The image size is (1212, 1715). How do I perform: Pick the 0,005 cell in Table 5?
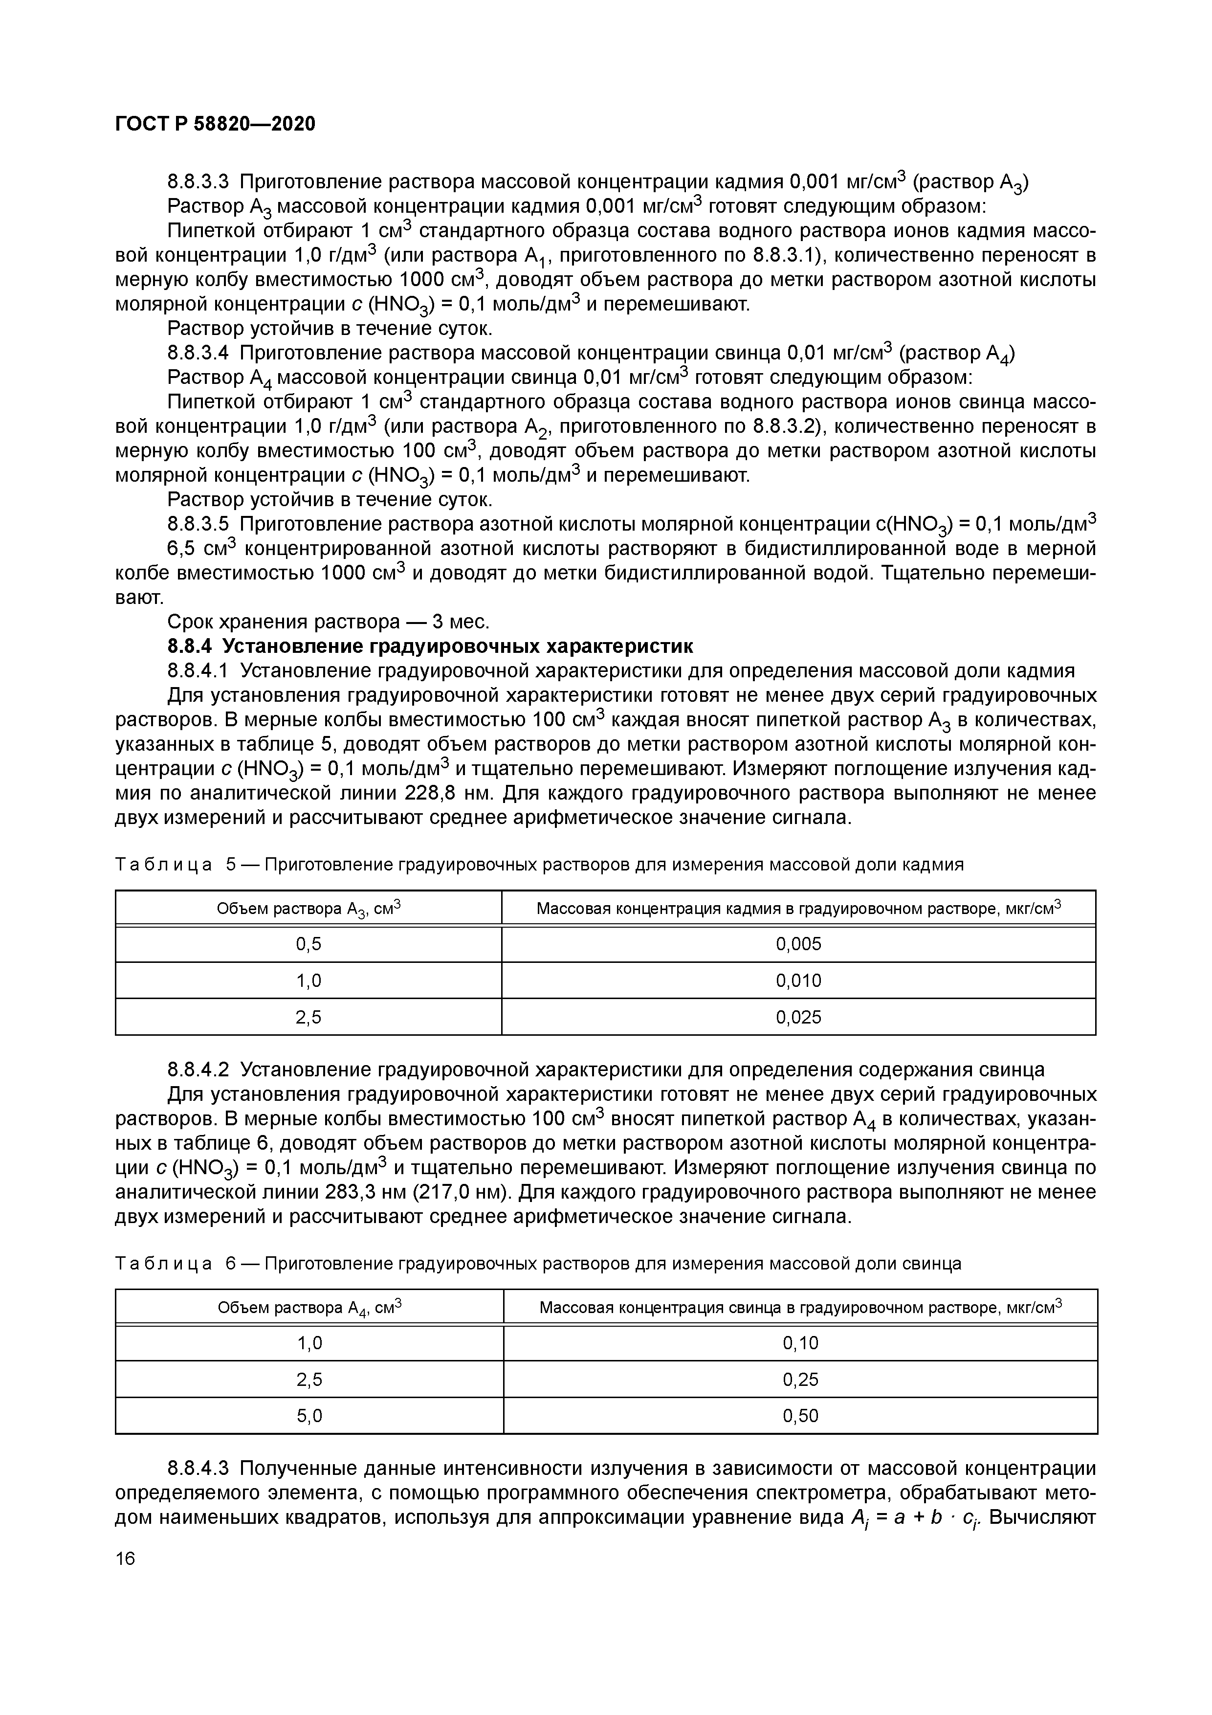[798, 944]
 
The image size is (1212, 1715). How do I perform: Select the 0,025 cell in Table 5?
[798, 1017]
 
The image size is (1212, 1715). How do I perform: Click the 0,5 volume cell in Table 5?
[309, 944]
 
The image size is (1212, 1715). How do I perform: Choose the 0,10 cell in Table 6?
[800, 1343]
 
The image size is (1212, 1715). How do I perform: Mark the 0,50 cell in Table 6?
[800, 1415]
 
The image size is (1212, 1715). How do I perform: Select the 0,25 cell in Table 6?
[800, 1380]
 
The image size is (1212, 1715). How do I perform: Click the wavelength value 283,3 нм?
[371, 1191]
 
